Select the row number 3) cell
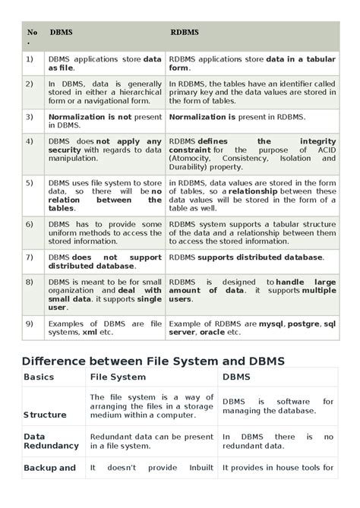(x=29, y=117)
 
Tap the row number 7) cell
(x=29, y=257)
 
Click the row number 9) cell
(x=29, y=323)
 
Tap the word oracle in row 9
(x=212, y=332)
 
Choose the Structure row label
(x=45, y=415)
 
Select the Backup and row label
(x=49, y=468)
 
